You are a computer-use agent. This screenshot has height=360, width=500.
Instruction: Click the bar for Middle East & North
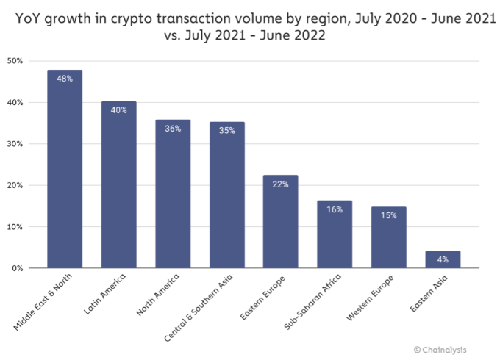(65, 169)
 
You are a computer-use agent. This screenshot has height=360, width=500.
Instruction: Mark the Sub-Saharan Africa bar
(335, 234)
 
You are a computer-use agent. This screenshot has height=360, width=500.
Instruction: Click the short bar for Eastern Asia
(443, 259)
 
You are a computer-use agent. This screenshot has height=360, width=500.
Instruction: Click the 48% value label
(65, 78)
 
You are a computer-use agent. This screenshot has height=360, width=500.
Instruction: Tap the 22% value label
(281, 184)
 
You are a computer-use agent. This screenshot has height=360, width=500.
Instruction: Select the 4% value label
(443, 259)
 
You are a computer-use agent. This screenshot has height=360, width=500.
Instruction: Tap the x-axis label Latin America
(107, 294)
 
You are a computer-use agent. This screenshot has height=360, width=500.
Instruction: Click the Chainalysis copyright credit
(440, 350)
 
